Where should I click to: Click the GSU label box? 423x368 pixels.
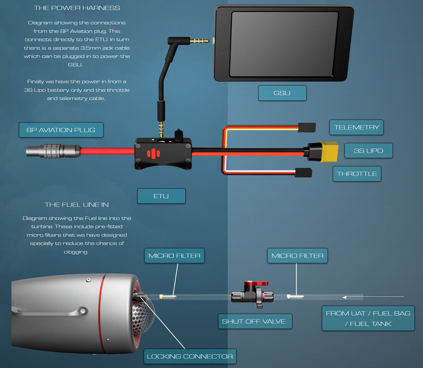point(282,93)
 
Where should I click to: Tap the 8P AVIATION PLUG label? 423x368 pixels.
point(61,130)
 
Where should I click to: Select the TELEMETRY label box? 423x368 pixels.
point(356,127)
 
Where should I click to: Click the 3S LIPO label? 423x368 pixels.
point(368,151)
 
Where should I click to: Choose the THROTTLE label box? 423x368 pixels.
point(356,174)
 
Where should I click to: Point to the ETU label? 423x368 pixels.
point(161,196)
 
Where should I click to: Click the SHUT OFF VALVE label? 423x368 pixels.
point(254,321)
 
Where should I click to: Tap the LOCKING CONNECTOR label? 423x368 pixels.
point(190,356)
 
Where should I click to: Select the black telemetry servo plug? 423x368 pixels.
point(307,127)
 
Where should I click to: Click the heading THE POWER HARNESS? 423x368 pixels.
point(77,8)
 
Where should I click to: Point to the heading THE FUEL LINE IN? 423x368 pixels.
point(77,205)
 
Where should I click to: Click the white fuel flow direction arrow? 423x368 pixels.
point(372,297)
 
